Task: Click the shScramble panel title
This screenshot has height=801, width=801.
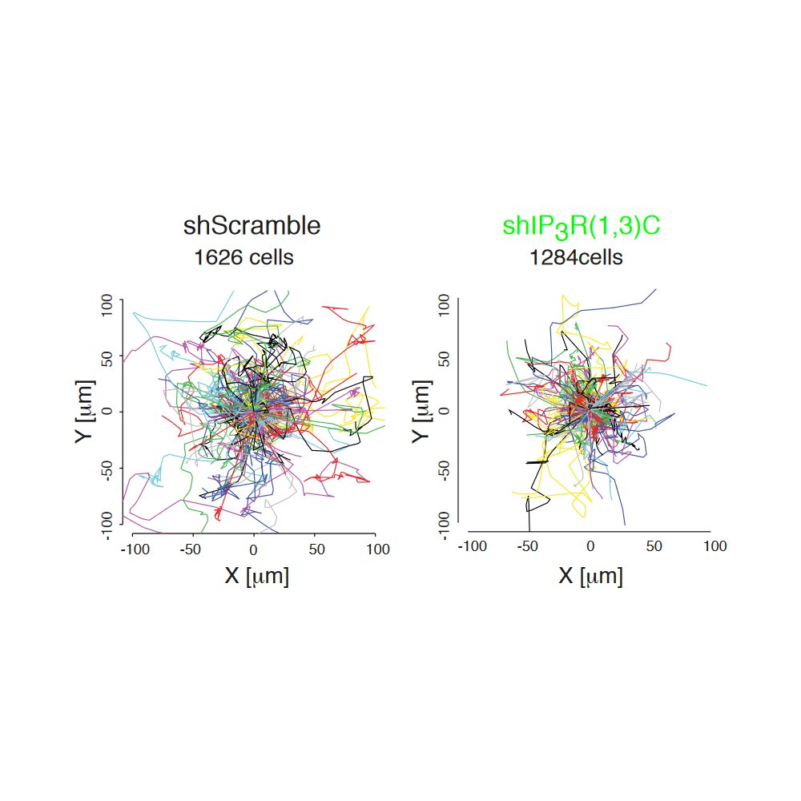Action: coord(252,226)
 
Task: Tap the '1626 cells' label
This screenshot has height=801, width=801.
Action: coord(244,258)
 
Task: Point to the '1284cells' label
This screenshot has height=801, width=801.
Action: coord(575,258)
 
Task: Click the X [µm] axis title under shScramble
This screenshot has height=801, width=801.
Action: coord(256,576)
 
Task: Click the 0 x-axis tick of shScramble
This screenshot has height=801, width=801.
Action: coord(253,549)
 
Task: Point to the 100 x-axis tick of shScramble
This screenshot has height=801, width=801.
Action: coord(376,549)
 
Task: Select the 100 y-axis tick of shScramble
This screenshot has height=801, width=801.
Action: coord(107,306)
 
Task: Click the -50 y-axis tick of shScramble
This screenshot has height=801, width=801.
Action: coord(107,468)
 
